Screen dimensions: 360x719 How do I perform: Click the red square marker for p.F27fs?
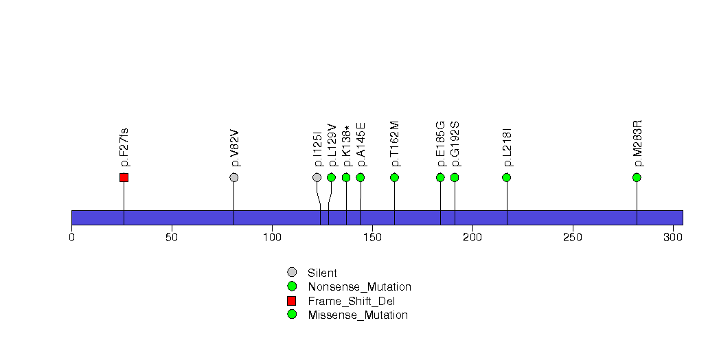pos(124,177)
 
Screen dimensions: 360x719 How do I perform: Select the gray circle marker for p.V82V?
pos(234,177)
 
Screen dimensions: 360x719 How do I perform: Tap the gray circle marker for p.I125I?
pos(317,177)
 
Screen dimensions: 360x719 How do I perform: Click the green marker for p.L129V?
pos(331,177)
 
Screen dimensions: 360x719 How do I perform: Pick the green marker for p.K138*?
pos(346,177)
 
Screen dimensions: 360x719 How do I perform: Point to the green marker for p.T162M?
pos(394,177)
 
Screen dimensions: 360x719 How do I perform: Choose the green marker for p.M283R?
pos(637,177)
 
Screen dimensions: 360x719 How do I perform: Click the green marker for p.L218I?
pos(507,177)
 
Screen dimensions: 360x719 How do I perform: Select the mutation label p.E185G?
pos(440,144)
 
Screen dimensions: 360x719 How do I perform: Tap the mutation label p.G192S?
pos(455,144)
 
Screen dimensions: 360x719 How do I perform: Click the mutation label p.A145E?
pos(361,144)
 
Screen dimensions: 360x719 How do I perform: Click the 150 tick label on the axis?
pos(372,238)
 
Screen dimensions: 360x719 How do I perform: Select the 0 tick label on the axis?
pos(71,238)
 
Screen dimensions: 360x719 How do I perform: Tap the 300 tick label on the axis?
pos(672,238)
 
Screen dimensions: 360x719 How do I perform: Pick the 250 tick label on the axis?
pos(572,238)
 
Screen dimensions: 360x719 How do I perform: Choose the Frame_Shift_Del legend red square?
pos(292,301)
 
